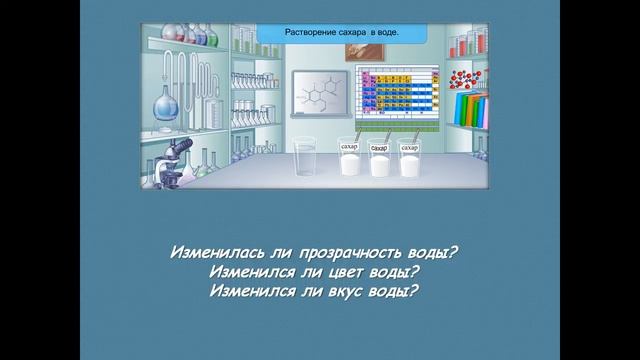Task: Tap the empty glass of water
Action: pyautogui.click(x=306, y=161)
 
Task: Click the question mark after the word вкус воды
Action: pyautogui.click(x=414, y=292)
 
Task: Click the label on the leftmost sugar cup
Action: pyautogui.click(x=349, y=147)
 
